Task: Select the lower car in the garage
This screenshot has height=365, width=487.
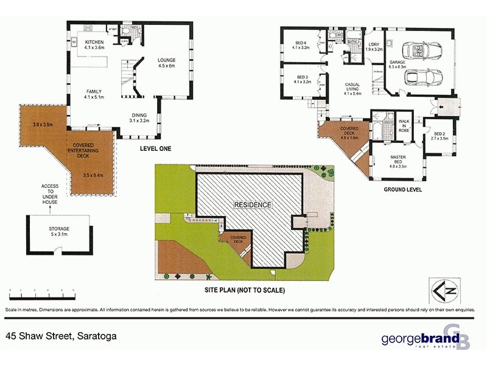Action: tap(418, 78)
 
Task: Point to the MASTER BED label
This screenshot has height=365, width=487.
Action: tap(398, 160)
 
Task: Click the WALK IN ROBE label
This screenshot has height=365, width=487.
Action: tap(404, 125)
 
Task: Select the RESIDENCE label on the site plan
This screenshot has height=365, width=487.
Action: tap(253, 205)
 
